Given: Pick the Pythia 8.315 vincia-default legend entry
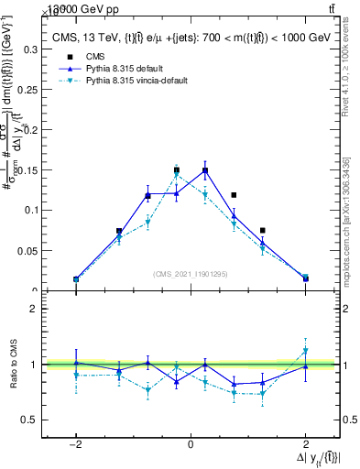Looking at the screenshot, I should pos(136,81).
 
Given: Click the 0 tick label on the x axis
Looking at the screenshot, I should pos(191,444).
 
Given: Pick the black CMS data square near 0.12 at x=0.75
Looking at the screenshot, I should pos(235,195).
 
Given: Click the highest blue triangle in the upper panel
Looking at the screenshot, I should pos(205,170).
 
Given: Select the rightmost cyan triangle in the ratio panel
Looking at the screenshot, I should pos(305,351).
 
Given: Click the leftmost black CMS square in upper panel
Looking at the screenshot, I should pos(76,279).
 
